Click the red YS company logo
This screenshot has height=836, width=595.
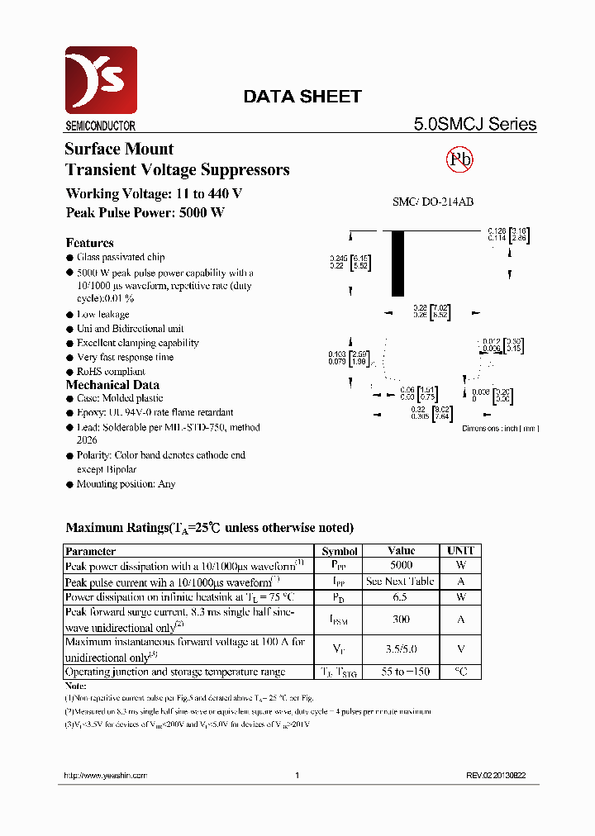pos(101,80)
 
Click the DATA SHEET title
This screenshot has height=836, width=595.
pos(302,97)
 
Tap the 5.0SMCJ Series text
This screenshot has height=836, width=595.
pos(474,125)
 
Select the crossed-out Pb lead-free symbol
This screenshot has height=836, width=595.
pos(459,159)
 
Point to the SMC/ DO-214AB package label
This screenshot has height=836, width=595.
pos(432,202)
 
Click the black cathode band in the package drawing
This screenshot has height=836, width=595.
pos(397,264)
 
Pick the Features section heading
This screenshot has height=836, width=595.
pos(89,243)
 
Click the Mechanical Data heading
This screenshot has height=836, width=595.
pos(112,385)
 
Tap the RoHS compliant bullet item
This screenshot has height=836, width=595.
pos(111,371)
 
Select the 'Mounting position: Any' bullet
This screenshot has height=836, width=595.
pos(126,484)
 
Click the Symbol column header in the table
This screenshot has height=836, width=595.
pos(340,551)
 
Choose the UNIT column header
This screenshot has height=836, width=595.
pos(460,551)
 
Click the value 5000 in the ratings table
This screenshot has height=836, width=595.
pos(401,566)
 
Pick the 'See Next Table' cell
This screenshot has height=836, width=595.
pos(401,582)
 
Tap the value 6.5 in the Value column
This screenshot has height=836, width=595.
pos(401,596)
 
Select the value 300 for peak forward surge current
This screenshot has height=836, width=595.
pos(401,619)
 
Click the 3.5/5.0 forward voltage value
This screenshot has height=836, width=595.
pos(401,649)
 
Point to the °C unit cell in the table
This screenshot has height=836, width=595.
pos(460,672)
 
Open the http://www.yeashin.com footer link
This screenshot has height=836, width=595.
pos(105,776)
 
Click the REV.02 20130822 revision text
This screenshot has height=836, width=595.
pos(495,776)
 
